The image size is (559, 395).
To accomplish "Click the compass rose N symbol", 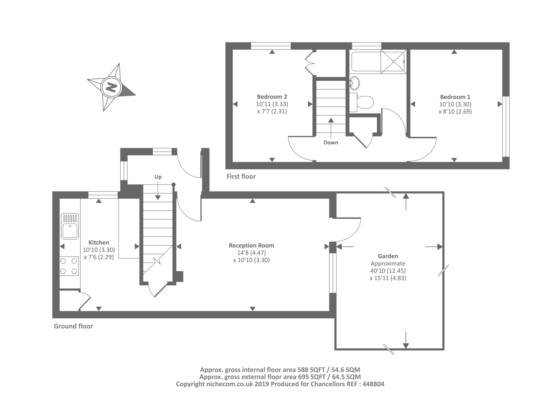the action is click(111, 87).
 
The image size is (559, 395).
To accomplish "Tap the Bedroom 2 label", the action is click(272, 96).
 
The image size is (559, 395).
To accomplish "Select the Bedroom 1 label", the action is click(455, 97).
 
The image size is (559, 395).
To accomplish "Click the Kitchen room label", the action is click(99, 242).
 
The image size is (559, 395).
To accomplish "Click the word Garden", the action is click(388, 256).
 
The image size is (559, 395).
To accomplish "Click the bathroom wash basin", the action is click(354, 83).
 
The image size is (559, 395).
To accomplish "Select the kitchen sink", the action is click(70, 226).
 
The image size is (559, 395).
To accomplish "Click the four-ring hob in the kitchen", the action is click(69, 266).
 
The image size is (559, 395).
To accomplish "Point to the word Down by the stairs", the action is click(331, 142).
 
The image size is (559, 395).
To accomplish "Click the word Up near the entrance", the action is click(158, 177).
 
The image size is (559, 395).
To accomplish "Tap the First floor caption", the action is click(241, 177).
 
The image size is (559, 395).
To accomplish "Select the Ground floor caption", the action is click(73, 327).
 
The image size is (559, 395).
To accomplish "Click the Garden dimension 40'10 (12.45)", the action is click(388, 271).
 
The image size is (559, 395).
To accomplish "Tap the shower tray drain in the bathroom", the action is click(394, 61).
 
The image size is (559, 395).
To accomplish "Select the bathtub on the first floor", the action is click(366, 61).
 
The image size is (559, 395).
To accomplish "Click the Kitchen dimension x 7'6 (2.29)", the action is click(99, 257).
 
